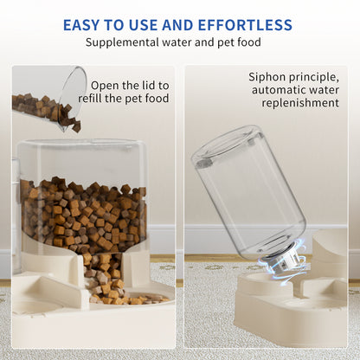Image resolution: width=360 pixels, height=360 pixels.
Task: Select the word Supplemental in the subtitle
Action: click(125, 42)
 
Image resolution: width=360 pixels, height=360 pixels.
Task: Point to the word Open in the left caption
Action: click(106, 85)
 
